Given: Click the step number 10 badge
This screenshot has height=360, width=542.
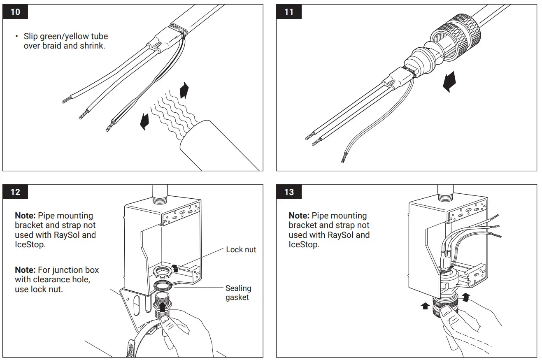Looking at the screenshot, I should [x=15, y=12].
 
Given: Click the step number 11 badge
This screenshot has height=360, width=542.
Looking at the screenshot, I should [x=289, y=12].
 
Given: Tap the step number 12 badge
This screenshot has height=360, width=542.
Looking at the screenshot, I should [x=15, y=192].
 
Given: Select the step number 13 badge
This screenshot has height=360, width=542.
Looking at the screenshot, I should [x=289, y=192].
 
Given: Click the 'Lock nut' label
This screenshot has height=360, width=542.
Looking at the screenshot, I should [x=241, y=250].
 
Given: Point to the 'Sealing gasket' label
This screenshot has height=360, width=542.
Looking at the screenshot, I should [x=238, y=293].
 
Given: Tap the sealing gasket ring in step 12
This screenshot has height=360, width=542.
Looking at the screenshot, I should [x=163, y=286].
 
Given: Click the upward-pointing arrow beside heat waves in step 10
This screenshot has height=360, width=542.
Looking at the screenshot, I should [x=184, y=90].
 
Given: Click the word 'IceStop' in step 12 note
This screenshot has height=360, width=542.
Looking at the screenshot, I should [x=29, y=245].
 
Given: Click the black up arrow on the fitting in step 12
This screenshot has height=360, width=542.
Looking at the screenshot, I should [x=164, y=307].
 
